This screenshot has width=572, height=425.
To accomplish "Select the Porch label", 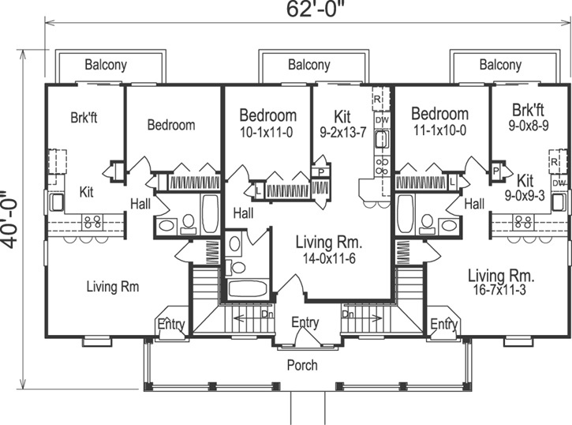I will pyautogui.click(x=301, y=365).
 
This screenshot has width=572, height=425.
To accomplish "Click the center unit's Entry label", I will pyautogui.click(x=305, y=322).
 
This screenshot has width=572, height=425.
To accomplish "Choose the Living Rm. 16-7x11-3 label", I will pyautogui.click(x=501, y=283).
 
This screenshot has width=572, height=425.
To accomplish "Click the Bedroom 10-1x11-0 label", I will pyautogui.click(x=267, y=123).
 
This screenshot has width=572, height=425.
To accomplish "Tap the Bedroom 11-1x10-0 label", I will pyautogui.click(x=439, y=122).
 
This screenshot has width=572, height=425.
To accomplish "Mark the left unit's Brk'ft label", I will pyautogui.click(x=84, y=119).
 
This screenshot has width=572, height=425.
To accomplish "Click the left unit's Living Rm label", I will pyautogui.click(x=112, y=287).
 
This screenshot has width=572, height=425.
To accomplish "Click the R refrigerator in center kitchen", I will pyautogui.click(x=378, y=100).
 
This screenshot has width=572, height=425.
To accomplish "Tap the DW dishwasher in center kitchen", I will pyautogui.click(x=381, y=120).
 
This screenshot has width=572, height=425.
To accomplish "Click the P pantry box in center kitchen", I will pyautogui.click(x=322, y=171).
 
